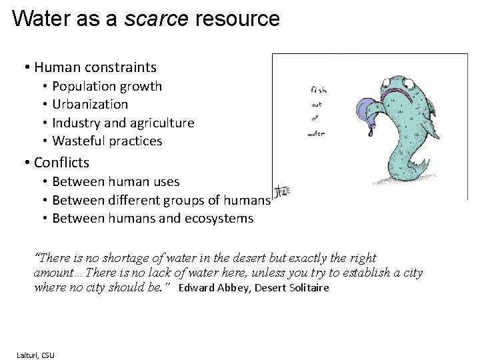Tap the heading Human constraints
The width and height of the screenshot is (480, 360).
[x=95, y=67]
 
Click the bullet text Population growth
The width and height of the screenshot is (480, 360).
[x=107, y=86]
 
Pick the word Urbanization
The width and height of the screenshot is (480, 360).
[x=90, y=104]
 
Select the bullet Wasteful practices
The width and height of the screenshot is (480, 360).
[x=107, y=141]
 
